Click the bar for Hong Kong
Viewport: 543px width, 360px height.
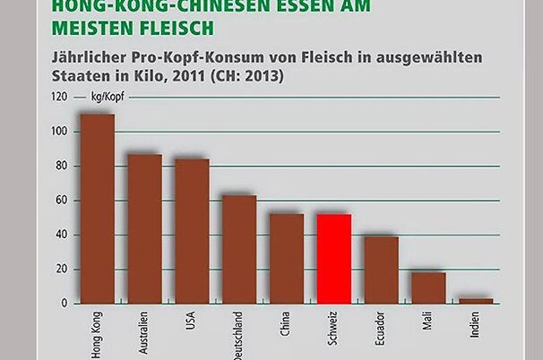pos(97,209)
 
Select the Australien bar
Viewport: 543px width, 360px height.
pos(144,229)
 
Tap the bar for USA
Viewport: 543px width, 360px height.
pos(192,231)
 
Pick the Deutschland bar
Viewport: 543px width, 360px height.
pos(239,249)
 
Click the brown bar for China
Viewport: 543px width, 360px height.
pos(287,258)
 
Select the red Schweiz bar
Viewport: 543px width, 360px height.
pos(334,259)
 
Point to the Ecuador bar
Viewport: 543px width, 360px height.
pos(382,270)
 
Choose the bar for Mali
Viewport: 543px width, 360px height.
pos(429,287)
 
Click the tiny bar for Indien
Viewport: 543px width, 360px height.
pos(476,301)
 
